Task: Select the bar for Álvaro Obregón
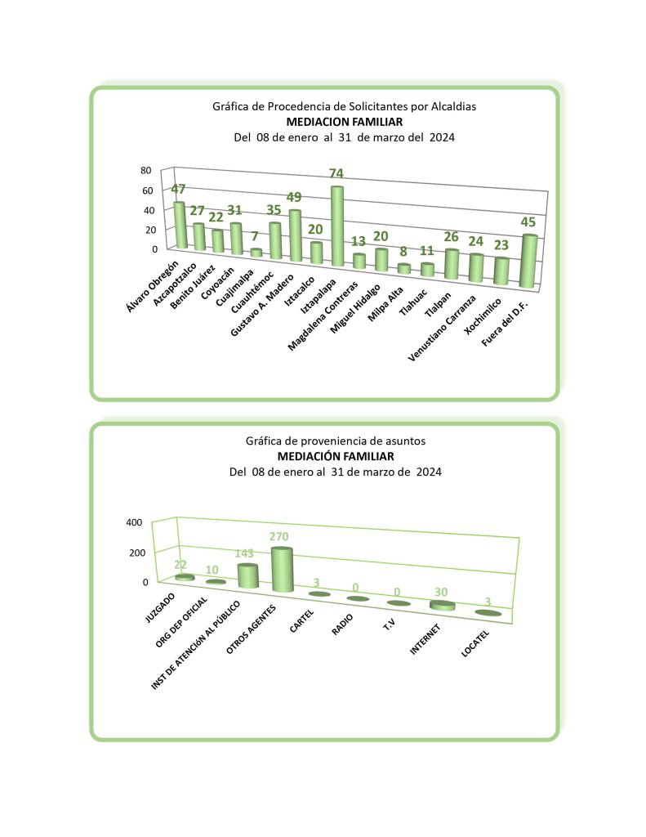(180, 226)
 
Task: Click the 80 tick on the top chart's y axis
(146, 171)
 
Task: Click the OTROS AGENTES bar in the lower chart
(282, 570)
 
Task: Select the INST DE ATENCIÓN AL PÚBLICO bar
(247, 576)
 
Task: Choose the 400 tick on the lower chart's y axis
(134, 522)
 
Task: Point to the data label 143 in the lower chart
(245, 553)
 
